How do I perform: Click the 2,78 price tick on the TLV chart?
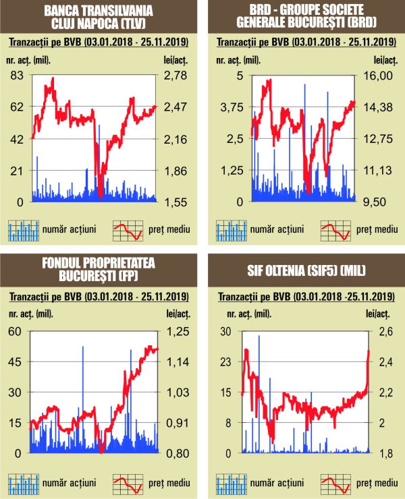[174, 75]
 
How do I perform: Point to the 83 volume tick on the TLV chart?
[18, 75]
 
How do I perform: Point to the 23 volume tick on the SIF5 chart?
[226, 362]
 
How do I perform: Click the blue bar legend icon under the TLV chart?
[22, 230]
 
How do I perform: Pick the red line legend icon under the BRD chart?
[335, 230]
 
